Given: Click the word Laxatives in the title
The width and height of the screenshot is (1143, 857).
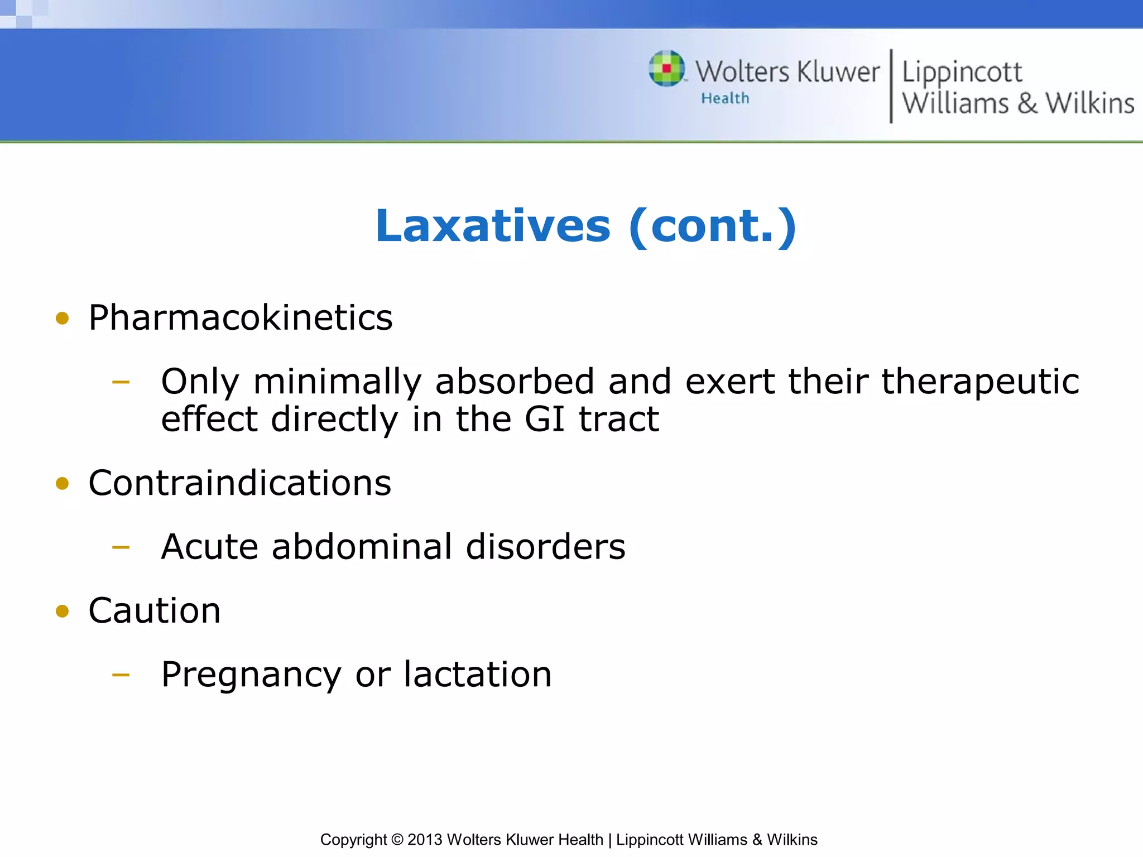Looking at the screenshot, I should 493,226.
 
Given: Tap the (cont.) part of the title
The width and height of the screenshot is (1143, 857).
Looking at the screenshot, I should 712,226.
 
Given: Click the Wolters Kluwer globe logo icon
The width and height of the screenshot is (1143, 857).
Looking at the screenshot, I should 666,69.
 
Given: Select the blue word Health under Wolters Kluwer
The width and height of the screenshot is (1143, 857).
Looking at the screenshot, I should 725,98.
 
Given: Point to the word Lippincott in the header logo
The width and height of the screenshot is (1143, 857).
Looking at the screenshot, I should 962,73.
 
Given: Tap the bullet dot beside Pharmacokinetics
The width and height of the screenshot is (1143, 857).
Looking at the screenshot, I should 63,319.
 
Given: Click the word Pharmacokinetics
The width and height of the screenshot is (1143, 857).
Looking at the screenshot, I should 241,317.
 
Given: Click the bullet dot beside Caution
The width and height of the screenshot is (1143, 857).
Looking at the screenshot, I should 63,612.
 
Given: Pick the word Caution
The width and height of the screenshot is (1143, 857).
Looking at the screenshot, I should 155,610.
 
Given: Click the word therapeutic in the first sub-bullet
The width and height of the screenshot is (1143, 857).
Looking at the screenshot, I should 980,382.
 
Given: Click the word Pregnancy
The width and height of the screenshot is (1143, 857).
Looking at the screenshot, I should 251,675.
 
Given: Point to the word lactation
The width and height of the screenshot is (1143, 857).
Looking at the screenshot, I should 478,674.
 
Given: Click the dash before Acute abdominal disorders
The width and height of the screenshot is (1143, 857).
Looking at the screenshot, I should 121,547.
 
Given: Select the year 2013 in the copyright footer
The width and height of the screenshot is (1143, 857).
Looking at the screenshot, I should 425,840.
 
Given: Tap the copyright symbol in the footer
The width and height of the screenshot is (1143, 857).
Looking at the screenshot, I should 397,840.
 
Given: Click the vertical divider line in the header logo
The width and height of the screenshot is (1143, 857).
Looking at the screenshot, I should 891,86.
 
